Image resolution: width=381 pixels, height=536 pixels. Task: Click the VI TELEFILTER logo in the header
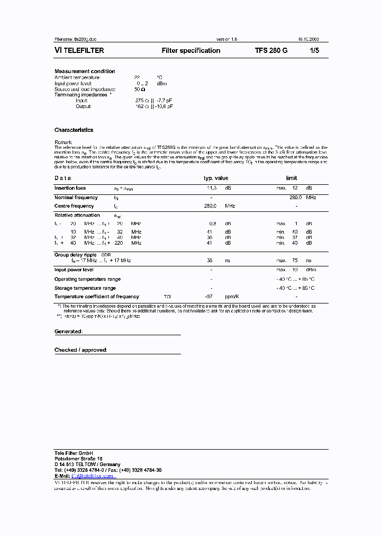pos(79,51)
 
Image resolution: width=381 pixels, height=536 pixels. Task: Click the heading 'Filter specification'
pos(190,51)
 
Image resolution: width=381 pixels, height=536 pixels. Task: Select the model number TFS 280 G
pos(271,51)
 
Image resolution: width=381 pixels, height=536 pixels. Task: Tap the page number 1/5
pos(315,51)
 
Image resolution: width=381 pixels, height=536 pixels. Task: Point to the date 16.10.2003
pos(308,39)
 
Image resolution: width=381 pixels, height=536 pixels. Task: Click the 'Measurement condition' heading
pos(85,71)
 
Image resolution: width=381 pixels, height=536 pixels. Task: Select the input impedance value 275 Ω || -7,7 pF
pos(153,101)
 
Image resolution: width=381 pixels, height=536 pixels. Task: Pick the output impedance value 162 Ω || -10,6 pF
pos(154,106)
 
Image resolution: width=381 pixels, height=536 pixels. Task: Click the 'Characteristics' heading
pos(74,130)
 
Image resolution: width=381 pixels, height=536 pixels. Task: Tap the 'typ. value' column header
pos(216,178)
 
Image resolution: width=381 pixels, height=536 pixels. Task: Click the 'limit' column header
pos(291,178)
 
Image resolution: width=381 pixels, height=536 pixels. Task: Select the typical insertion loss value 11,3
pos(211,188)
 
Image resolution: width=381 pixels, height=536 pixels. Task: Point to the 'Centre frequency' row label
pos(74,206)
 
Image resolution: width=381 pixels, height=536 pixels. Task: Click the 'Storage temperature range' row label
pos(85,288)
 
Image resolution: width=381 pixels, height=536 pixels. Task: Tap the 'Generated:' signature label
pos(68,332)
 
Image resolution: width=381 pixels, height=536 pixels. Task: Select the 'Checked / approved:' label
pos(80,350)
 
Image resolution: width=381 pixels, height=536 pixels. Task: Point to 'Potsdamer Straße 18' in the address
pos(78,459)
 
